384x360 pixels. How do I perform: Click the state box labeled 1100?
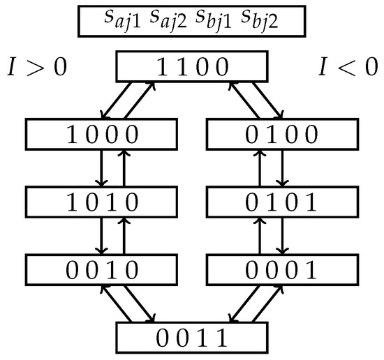point(191,68)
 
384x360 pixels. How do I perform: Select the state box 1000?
point(103,135)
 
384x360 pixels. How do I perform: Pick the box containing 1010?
point(103,202)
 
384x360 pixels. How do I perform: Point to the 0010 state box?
point(103,269)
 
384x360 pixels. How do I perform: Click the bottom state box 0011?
point(191,337)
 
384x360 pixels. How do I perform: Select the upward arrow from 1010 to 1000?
point(124,168)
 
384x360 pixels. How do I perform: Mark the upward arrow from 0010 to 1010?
point(124,235)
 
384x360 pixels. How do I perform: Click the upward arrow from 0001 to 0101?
point(260,235)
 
